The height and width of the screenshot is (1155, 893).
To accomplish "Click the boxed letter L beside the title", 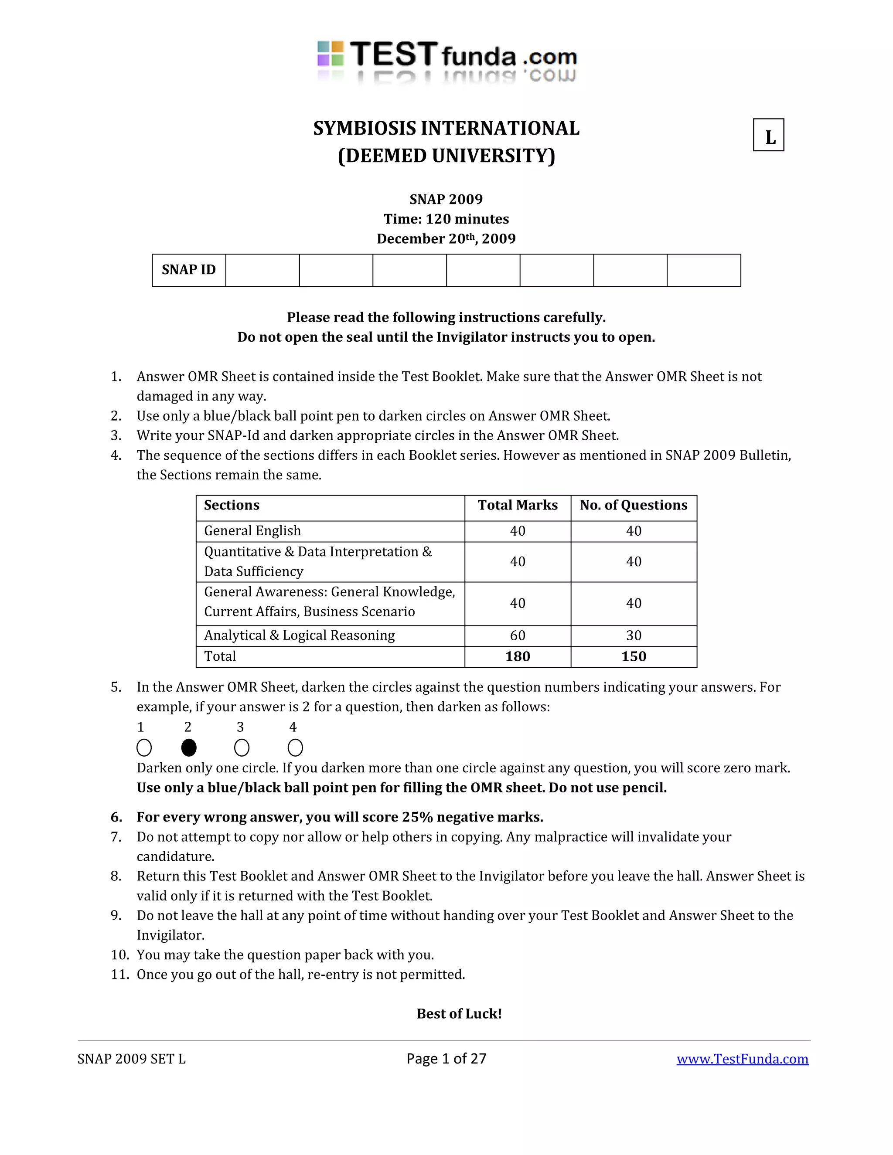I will pos(768,136).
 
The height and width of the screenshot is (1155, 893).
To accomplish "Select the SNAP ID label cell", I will pos(188,270).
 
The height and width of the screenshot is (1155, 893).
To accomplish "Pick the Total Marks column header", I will pos(518,505).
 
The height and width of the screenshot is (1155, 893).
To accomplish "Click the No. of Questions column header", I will pos(633,505).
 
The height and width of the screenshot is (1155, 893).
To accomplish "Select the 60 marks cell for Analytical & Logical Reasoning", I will pos(518,635).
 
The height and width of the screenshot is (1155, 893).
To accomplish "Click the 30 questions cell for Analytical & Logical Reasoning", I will pos(633,635).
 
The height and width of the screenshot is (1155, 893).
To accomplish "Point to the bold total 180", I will pos(518,656).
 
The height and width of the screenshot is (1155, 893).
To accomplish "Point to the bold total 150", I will pos(633,656).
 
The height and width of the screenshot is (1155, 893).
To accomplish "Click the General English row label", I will pos(252,530).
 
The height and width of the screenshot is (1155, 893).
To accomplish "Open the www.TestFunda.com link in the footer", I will pos(742,1059).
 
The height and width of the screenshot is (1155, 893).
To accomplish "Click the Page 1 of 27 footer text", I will pos(446,1058).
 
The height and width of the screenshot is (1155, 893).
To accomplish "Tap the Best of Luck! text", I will pos(459,1013).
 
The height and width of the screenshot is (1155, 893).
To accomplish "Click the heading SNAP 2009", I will pos(446,199).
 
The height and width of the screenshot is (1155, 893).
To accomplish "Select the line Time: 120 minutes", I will pos(446,219).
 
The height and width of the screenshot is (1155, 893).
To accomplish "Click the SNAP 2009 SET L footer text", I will pos(131,1059).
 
